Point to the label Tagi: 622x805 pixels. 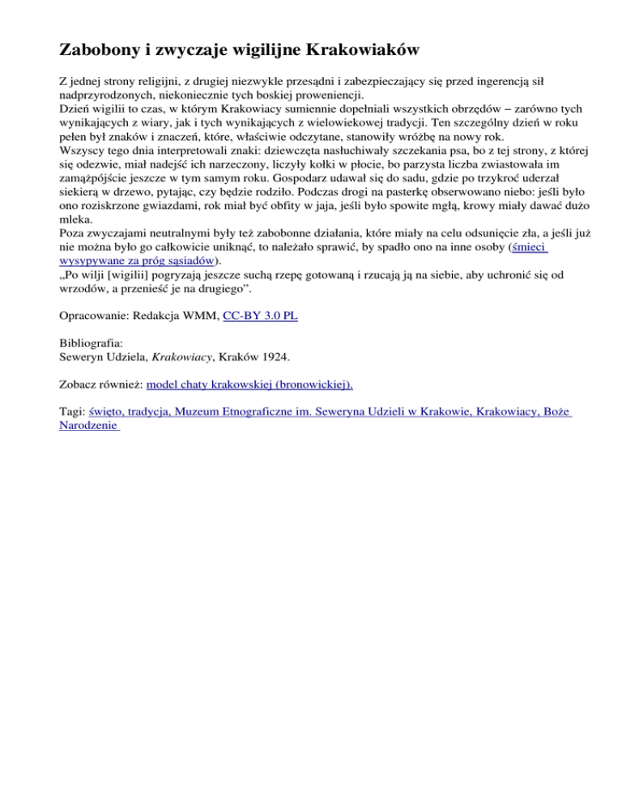73,411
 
